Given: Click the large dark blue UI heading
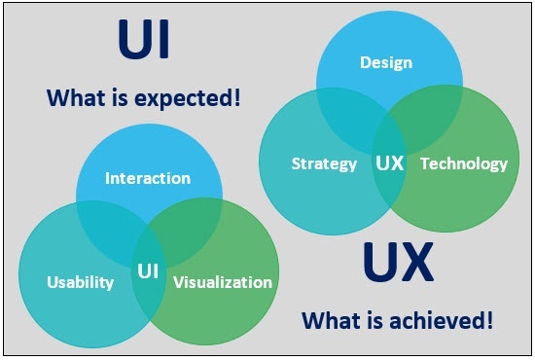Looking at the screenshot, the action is pyautogui.click(x=144, y=39).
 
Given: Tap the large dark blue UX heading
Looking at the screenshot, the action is pyautogui.click(x=398, y=262).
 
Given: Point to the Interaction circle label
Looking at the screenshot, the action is pyautogui.click(x=148, y=178).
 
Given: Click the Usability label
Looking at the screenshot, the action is pyautogui.click(x=80, y=282).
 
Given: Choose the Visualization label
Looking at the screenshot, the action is pyautogui.click(x=223, y=282).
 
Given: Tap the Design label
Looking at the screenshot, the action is pyautogui.click(x=386, y=62).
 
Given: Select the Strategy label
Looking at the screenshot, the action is pyautogui.click(x=324, y=163).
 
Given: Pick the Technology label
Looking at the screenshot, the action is pyautogui.click(x=464, y=163).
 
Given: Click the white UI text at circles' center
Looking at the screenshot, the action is pyautogui.click(x=148, y=271).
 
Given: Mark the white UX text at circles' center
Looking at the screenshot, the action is pyautogui.click(x=390, y=162).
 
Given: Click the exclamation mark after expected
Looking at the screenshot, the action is pyautogui.click(x=237, y=97).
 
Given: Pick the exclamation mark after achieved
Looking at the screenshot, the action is pyautogui.click(x=489, y=320).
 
